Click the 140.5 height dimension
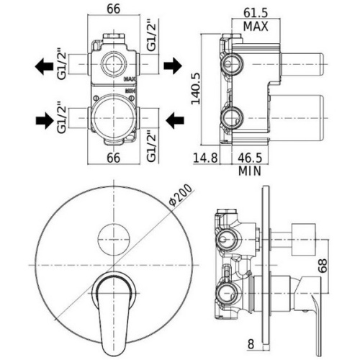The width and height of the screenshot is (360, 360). (196, 89)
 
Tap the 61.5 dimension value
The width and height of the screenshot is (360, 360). (256, 13)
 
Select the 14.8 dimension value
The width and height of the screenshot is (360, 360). (205, 158)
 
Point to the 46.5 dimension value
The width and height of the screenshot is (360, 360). (250, 158)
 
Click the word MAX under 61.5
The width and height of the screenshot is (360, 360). (256, 27)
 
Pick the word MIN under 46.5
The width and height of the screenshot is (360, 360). (250, 171)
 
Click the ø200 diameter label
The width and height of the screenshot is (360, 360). (181, 194)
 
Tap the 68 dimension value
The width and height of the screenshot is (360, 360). (323, 265)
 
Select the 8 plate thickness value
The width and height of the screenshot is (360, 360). (251, 344)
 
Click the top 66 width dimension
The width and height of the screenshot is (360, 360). (113, 9)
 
